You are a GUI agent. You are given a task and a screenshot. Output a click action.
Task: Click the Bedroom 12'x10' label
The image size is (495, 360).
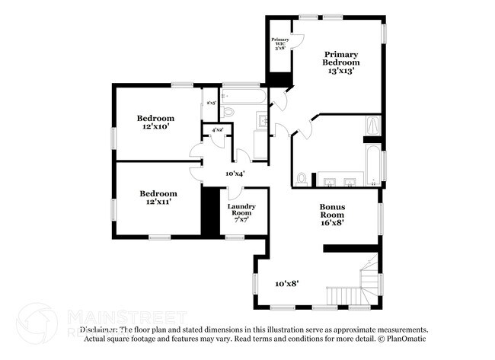pos(155,123)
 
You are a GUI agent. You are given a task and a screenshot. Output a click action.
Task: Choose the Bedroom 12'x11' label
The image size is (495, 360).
pos(158,198)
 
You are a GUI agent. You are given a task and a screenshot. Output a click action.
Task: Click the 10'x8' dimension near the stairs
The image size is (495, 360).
pos(286,283)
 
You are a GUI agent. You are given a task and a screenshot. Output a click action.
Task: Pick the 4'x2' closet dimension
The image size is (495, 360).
pos(217,130)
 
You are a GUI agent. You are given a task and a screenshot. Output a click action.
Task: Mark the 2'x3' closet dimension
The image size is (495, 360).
pos(211,102)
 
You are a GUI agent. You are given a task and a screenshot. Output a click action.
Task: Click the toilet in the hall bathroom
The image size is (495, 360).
pos(227,112)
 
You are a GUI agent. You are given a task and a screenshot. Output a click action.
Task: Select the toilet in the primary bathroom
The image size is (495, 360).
pos(302,179)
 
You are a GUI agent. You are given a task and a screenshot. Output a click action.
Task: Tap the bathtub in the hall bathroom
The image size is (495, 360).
pos(244,97)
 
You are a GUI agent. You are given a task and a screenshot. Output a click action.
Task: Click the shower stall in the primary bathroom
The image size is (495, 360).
pos(372,126)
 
